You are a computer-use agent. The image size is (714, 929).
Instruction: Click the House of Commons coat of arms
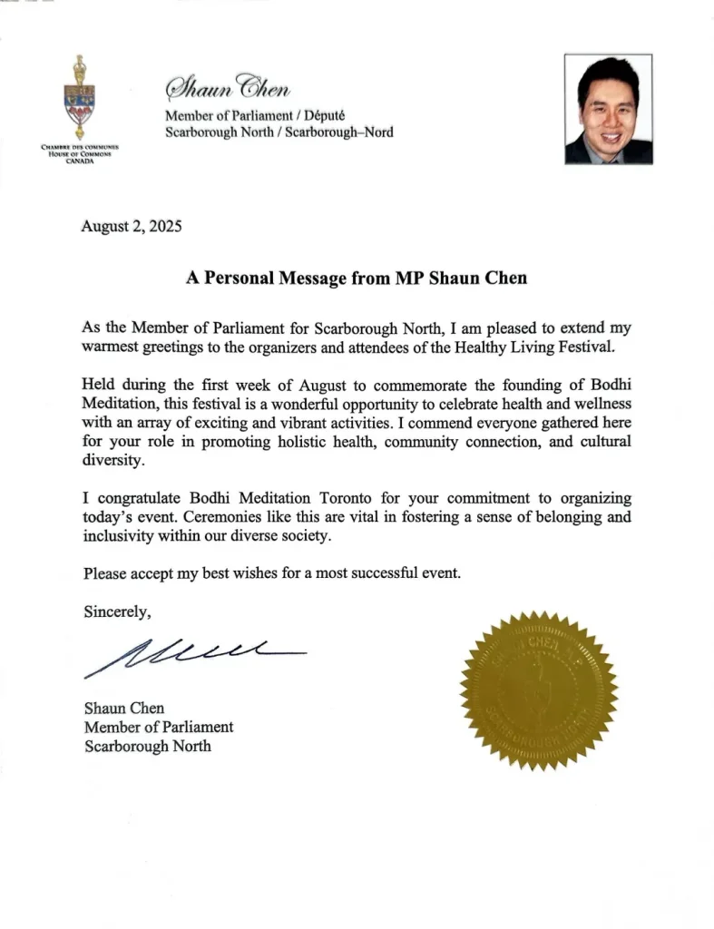point(81,98)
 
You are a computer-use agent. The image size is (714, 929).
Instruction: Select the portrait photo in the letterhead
point(608,109)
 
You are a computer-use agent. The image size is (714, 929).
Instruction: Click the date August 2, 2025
point(132,228)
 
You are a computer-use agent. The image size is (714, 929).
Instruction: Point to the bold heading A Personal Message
point(357,279)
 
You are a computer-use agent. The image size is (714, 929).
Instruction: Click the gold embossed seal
point(539,691)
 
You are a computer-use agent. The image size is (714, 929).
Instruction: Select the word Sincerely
point(117,611)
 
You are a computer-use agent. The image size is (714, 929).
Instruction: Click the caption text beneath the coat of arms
point(81,153)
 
